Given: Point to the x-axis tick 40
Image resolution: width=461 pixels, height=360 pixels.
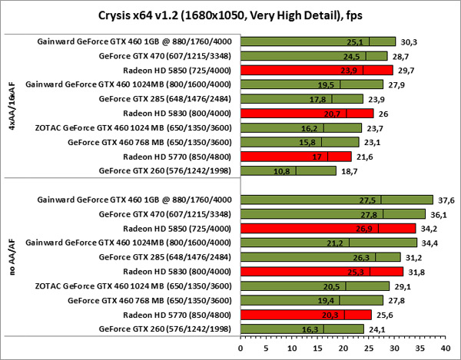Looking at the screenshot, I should pyautogui.click(x=444, y=348).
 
